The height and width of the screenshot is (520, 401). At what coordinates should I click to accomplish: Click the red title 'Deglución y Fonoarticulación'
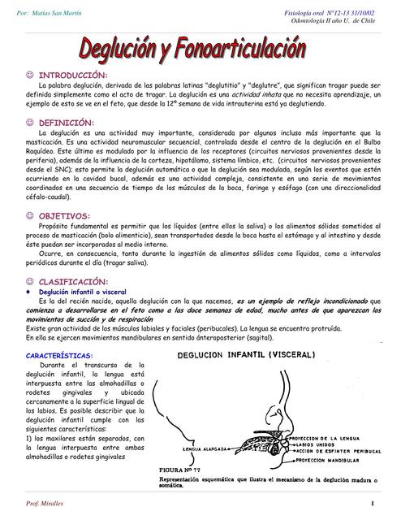point(202,48)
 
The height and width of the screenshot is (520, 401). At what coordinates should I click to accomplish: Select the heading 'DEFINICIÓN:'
point(67,122)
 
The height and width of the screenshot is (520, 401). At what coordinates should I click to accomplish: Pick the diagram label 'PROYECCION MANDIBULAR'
point(334,460)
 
